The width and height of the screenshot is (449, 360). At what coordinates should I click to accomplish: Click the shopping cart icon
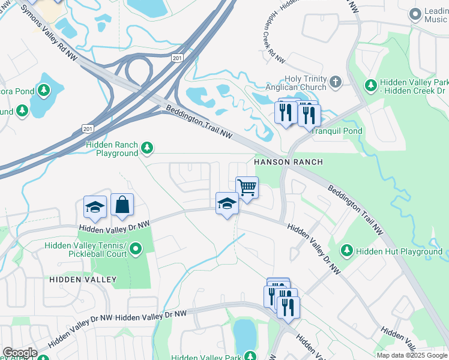pos(247,188)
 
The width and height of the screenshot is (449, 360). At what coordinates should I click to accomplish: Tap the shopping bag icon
pos(122,205)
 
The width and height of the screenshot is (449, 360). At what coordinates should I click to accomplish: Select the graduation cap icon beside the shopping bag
pos(95,207)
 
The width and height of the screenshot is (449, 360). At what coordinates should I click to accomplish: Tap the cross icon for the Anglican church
pos(336,80)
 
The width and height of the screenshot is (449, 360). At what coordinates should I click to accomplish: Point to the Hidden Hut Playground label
pos(399,251)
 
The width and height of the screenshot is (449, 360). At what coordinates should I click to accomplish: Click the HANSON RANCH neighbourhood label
pos(288,162)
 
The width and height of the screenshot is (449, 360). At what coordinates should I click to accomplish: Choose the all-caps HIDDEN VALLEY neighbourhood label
pos(83,280)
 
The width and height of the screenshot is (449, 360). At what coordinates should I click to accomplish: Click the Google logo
pos(19,353)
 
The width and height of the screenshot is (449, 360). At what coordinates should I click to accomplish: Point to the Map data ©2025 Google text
pos(411,355)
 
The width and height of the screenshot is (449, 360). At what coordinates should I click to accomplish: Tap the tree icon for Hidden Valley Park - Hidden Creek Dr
pos(371,86)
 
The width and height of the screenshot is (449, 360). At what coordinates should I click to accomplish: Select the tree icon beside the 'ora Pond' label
pos(43,91)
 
